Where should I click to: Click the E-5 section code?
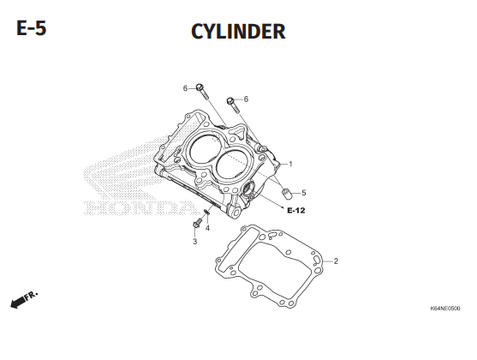click(x=32, y=28)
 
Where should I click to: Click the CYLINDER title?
click(x=238, y=32)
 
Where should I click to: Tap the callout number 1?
click(x=290, y=165)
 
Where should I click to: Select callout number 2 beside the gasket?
click(x=336, y=261)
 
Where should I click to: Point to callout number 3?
click(x=194, y=242)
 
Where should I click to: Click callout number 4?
click(x=207, y=228)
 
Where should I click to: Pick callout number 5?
click(x=304, y=193)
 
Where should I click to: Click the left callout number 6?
click(x=185, y=88)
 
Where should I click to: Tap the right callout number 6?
click(x=246, y=99)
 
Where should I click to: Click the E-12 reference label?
click(x=296, y=210)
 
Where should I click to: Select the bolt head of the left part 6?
click(x=200, y=87)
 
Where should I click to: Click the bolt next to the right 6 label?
click(x=233, y=105)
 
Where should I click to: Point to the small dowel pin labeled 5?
click(x=286, y=194)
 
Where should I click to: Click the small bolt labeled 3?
click(x=197, y=223)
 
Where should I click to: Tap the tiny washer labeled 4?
click(x=206, y=212)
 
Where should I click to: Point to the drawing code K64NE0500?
click(x=445, y=309)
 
